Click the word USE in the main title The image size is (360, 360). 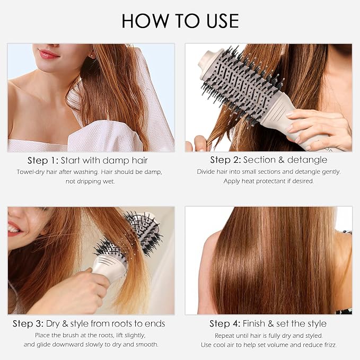(223, 21)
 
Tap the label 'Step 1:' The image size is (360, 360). (43, 161)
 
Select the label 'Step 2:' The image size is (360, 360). (225, 160)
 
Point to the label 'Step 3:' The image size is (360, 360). (28, 324)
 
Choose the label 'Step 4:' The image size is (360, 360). (225, 324)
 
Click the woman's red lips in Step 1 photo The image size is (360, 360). (48, 55)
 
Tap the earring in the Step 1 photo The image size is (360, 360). (92, 56)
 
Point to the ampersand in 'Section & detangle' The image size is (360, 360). (281, 160)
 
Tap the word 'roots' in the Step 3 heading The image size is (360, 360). (121, 324)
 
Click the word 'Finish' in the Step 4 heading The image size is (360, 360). (254, 324)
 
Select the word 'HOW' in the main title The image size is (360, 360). (145, 21)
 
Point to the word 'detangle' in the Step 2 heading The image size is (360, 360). (307, 160)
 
